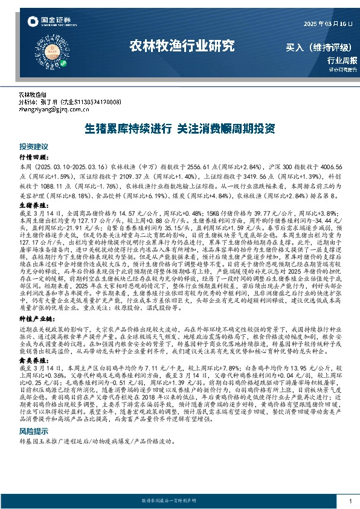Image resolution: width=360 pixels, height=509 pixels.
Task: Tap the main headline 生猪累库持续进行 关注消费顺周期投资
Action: (x=180, y=129)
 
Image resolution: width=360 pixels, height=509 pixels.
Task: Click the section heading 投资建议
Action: (x=33, y=147)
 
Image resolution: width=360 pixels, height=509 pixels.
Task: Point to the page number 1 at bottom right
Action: (x=350, y=501)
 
